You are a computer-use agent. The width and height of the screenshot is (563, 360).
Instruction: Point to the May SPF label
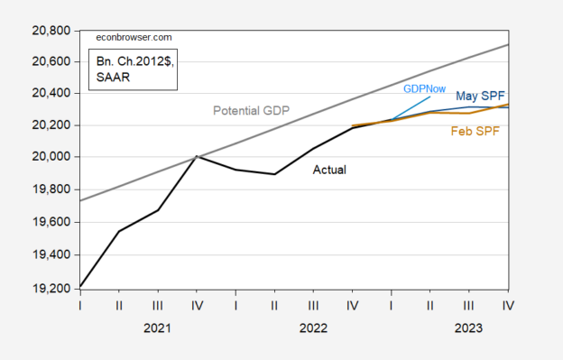[480, 96]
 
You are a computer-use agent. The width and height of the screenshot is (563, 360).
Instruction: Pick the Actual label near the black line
[329, 169]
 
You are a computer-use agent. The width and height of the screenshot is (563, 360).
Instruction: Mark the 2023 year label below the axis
[468, 330]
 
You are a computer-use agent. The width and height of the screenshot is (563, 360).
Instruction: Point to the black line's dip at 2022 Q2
[274, 174]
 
